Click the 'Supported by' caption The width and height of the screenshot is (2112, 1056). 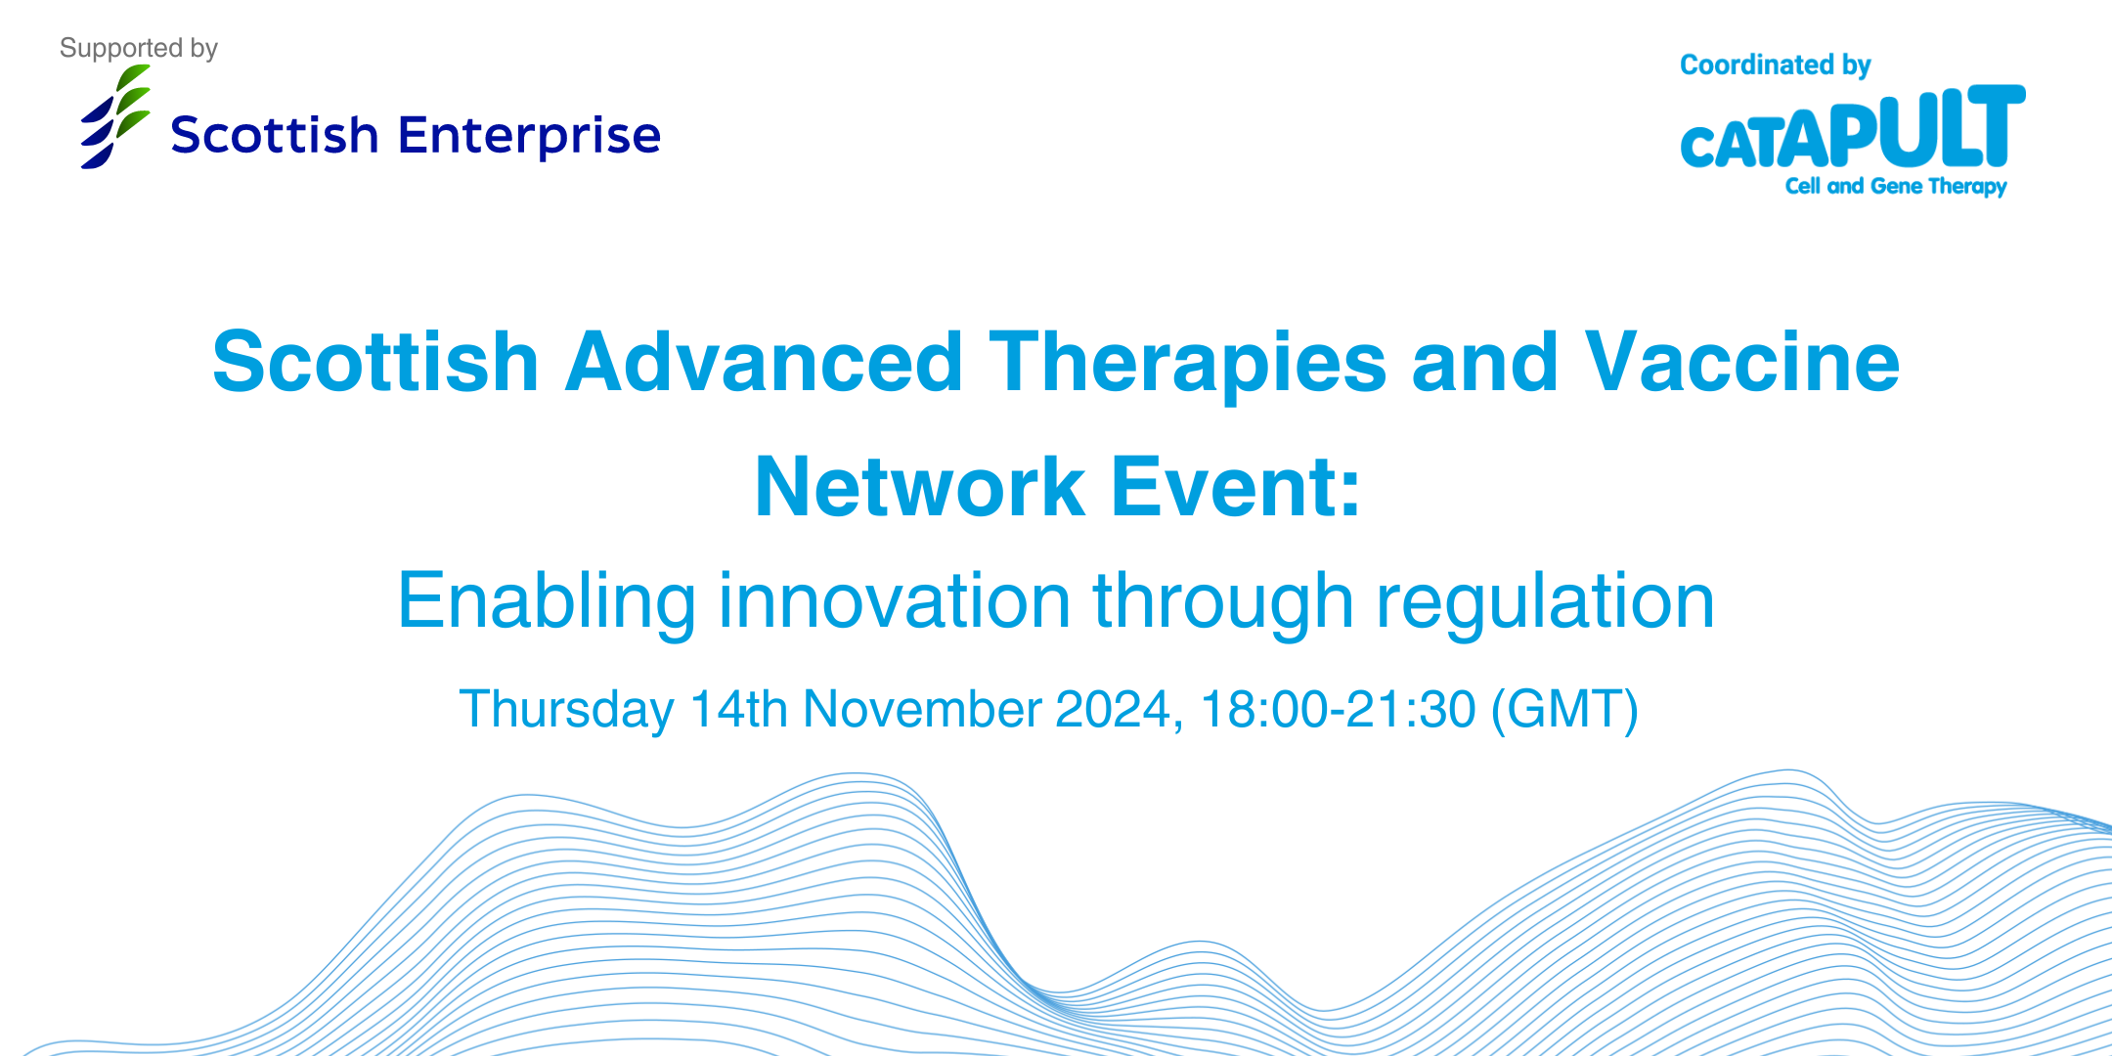pos(138,48)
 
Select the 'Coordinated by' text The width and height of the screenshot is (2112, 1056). pos(1775,65)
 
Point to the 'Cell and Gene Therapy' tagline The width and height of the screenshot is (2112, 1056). pos(1895,186)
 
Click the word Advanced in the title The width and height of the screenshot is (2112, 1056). pos(764,362)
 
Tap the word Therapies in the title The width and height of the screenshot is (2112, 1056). pos(1187,362)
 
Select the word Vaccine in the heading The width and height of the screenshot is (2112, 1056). pos(1741,362)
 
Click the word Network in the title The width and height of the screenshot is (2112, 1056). pos(919,487)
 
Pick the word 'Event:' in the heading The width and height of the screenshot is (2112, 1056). pos(1236,487)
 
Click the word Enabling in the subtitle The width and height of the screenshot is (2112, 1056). pos(547,601)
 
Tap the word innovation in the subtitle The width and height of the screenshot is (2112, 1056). pos(895,601)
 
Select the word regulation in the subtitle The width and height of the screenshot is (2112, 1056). pos(1545,601)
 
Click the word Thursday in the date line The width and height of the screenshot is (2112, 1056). pos(566,709)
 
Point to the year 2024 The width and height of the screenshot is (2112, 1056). pos(1113,709)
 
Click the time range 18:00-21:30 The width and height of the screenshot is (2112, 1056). pos(1337,709)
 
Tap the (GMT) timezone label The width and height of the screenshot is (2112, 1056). pos(1563,709)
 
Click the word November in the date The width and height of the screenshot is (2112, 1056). pos(922,709)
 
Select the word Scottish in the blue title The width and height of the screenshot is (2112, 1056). pos(375,362)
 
